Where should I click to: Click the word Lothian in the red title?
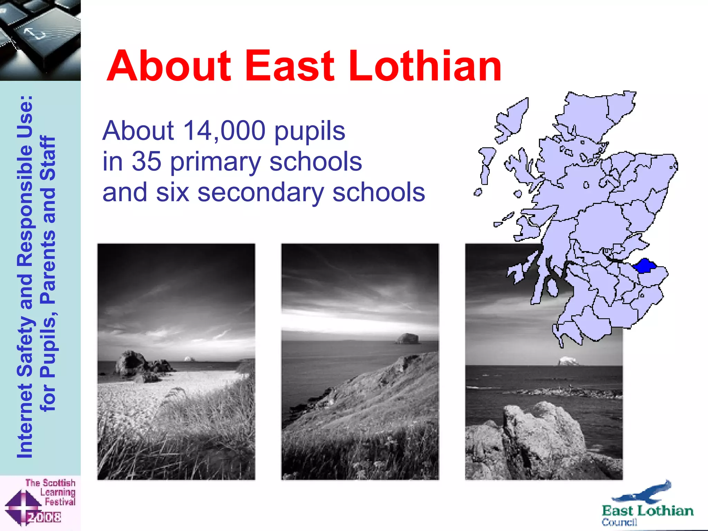[x=425, y=66]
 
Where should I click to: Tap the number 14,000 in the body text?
[x=224, y=131]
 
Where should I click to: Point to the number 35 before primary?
[x=147, y=161]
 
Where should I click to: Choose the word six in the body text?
[x=173, y=192]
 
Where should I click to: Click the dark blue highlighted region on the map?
[x=644, y=265]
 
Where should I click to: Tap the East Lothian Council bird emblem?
[x=643, y=493]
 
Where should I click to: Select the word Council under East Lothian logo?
[x=619, y=522]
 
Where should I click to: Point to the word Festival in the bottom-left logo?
[x=60, y=502]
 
